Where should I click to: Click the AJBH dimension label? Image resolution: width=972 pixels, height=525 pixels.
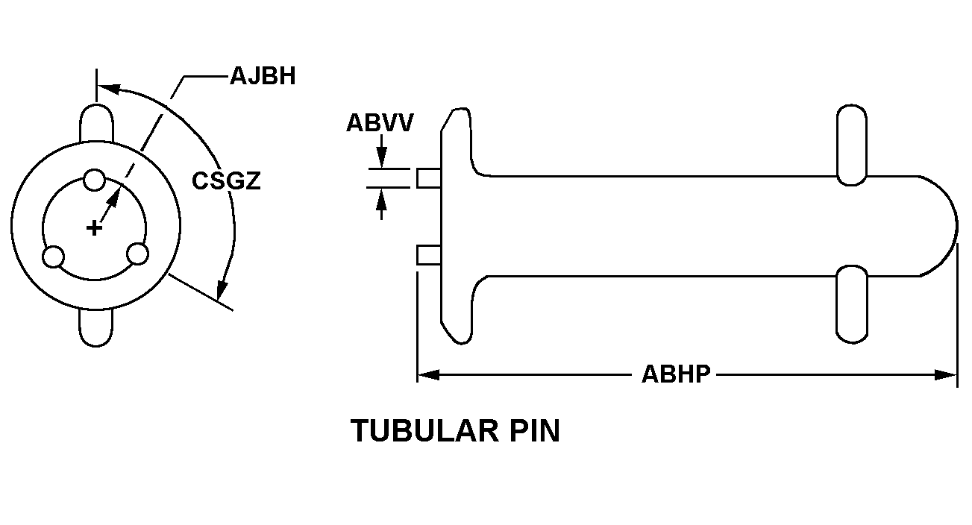point(263,76)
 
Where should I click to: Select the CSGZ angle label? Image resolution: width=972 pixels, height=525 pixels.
point(226,180)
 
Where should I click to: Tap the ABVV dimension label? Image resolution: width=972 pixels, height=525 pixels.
point(380,122)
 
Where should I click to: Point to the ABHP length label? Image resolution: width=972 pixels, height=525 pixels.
point(676,374)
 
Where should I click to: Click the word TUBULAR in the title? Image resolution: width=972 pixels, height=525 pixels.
point(424,431)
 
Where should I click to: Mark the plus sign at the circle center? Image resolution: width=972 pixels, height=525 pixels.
point(94,228)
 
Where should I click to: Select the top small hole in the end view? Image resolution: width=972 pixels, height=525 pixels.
point(94,180)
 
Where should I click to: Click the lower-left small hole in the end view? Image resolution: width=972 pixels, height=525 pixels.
point(54,257)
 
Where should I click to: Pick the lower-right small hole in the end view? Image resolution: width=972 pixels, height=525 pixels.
point(137,254)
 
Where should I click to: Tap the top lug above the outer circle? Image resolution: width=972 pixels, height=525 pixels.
point(96,123)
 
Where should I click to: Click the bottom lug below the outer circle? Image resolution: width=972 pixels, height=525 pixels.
point(96,327)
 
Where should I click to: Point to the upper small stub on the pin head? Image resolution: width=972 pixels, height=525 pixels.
point(429,178)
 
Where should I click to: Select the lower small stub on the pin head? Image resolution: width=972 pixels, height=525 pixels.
point(429,255)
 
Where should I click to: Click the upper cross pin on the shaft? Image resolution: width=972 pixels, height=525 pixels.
point(852,145)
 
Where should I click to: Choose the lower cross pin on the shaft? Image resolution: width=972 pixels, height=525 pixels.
point(852,304)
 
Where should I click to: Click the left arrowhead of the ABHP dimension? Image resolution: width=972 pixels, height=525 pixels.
point(428,375)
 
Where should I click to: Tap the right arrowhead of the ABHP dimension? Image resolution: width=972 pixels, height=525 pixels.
point(946,375)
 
